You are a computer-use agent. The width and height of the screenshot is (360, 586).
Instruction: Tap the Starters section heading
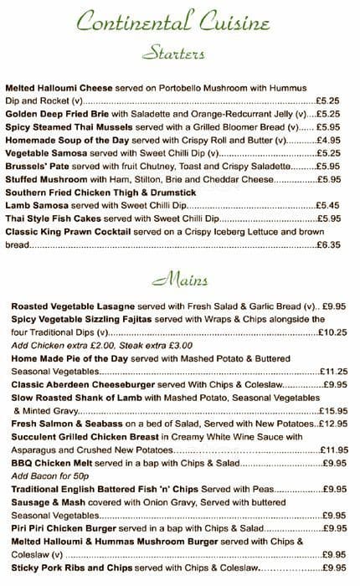click(x=173, y=55)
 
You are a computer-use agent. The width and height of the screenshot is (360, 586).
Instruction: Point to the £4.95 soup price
click(x=327, y=140)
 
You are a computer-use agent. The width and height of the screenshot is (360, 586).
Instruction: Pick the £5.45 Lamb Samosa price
click(x=327, y=205)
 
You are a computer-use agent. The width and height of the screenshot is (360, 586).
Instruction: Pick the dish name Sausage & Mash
click(x=44, y=501)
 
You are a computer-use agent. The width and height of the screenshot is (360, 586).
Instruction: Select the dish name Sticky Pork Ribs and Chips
click(x=72, y=567)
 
